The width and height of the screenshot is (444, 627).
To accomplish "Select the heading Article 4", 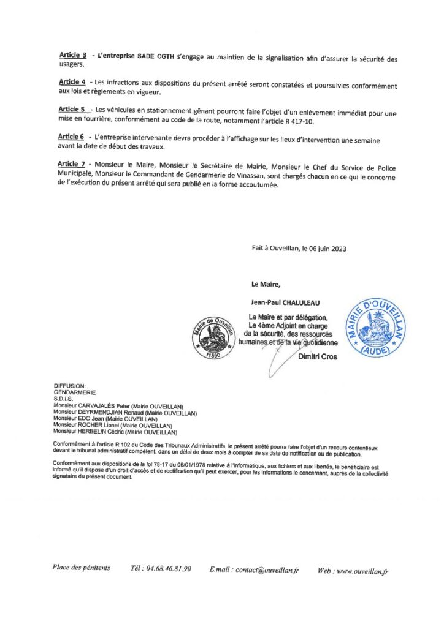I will click(x=72, y=82).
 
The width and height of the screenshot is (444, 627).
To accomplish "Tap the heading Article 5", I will click(x=72, y=109).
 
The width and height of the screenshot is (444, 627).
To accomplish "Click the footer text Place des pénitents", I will click(x=82, y=568).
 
